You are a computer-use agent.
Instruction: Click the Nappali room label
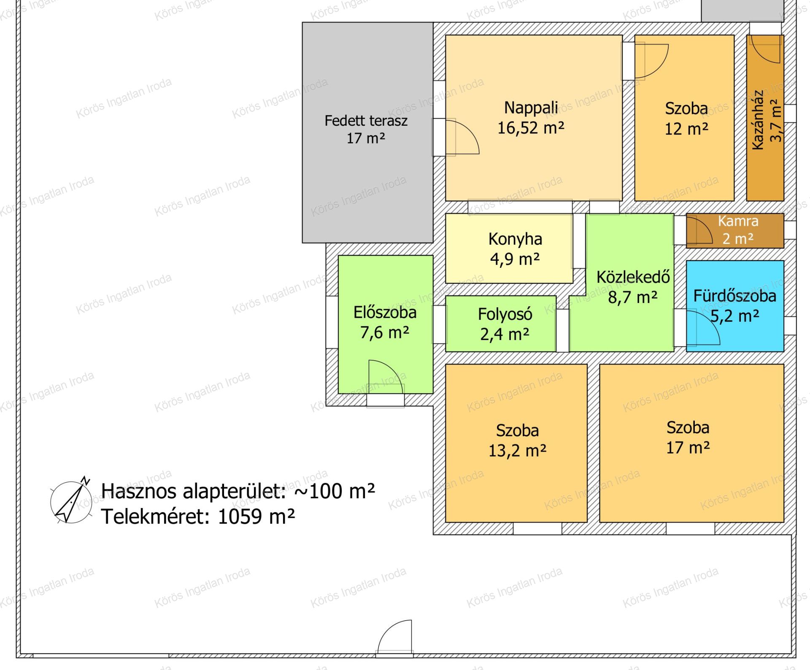coord(531,108)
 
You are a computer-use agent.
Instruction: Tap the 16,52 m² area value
coord(531,128)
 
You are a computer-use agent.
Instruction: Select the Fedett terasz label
coord(366,121)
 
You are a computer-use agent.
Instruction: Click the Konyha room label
coord(515,239)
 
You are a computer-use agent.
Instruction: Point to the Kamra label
coord(738,221)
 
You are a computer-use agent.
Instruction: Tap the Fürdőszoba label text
coord(734,296)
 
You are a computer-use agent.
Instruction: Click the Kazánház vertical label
coord(758,120)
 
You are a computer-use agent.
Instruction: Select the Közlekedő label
coord(633,277)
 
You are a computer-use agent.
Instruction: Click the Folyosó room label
coord(505,314)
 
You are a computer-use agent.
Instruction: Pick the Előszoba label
coord(385,313)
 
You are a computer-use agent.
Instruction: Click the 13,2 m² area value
coord(517,451)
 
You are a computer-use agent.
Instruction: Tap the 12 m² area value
coord(686,129)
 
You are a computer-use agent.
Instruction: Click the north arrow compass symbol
coord(71,500)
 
